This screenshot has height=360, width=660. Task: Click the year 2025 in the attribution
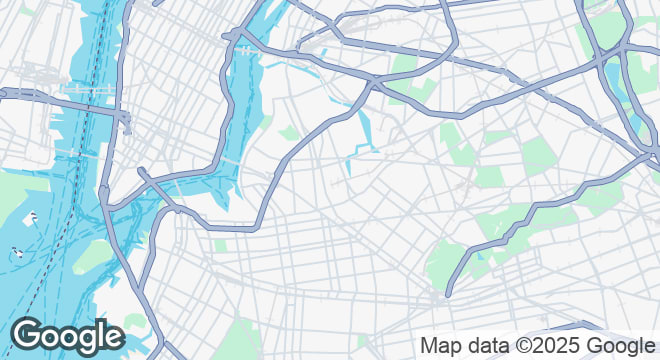click(x=552, y=346)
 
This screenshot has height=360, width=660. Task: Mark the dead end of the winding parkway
click(x=447, y=295)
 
